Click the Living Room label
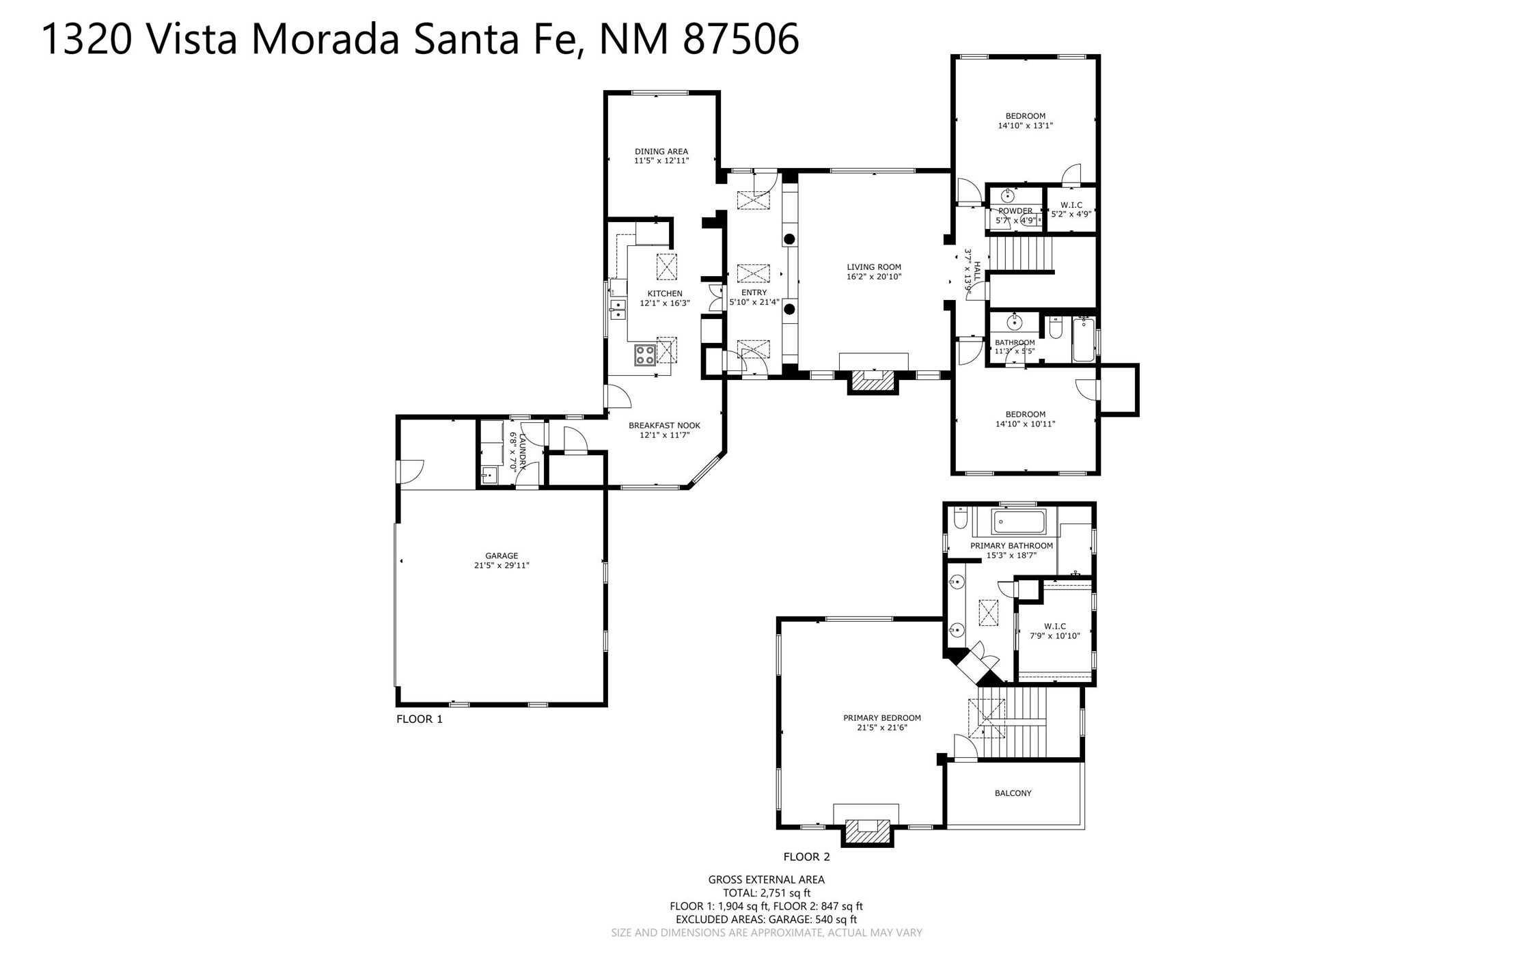[874, 267]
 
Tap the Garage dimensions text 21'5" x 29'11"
[502, 566]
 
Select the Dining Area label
[661, 152]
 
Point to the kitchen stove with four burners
[645, 355]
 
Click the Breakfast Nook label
[664, 426]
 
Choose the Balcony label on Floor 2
[1013, 793]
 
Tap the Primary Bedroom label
[882, 718]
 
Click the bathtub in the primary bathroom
[1019, 522]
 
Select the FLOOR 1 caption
[420, 719]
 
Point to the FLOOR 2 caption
[806, 857]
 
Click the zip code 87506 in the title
[741, 38]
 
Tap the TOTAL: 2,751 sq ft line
[767, 893]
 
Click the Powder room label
[1015, 211]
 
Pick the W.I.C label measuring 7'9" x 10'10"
[1055, 627]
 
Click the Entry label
[754, 292]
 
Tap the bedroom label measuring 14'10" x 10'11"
[1025, 414]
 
